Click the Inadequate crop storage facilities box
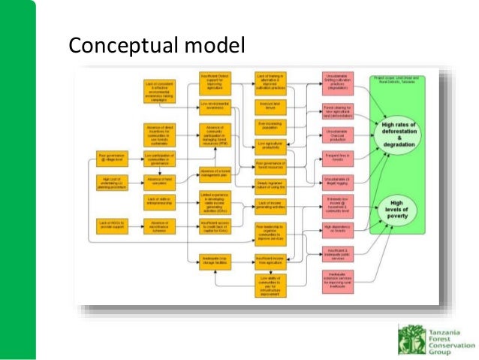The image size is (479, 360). pyautogui.click(x=214, y=260)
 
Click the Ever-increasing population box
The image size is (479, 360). pyautogui.click(x=271, y=124)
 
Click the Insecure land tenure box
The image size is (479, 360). pyautogui.click(x=271, y=105)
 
